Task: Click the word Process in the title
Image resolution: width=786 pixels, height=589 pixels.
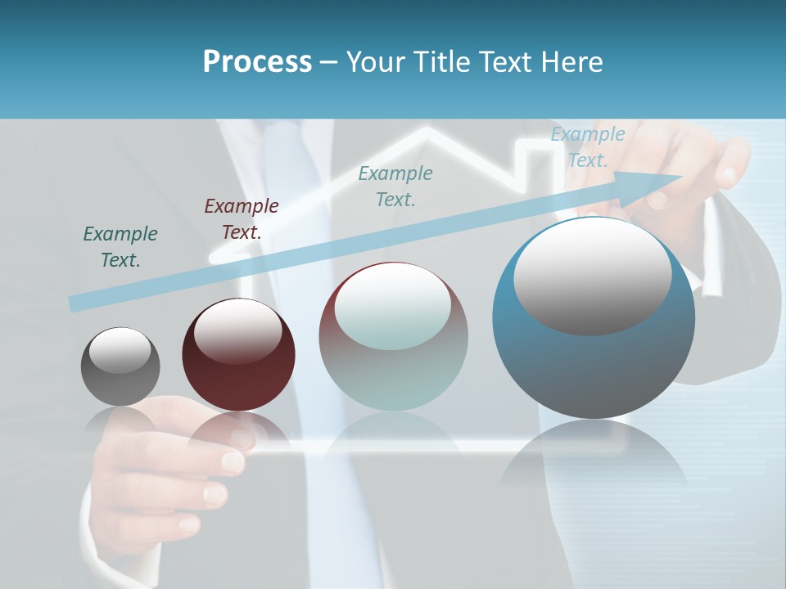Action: (257, 62)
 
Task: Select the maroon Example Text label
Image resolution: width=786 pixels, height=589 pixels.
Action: (242, 219)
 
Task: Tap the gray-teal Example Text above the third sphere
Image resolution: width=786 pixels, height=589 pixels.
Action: (395, 186)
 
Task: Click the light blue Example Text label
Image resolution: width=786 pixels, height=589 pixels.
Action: (587, 147)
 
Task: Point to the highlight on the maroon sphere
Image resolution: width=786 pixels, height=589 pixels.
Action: (237, 331)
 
